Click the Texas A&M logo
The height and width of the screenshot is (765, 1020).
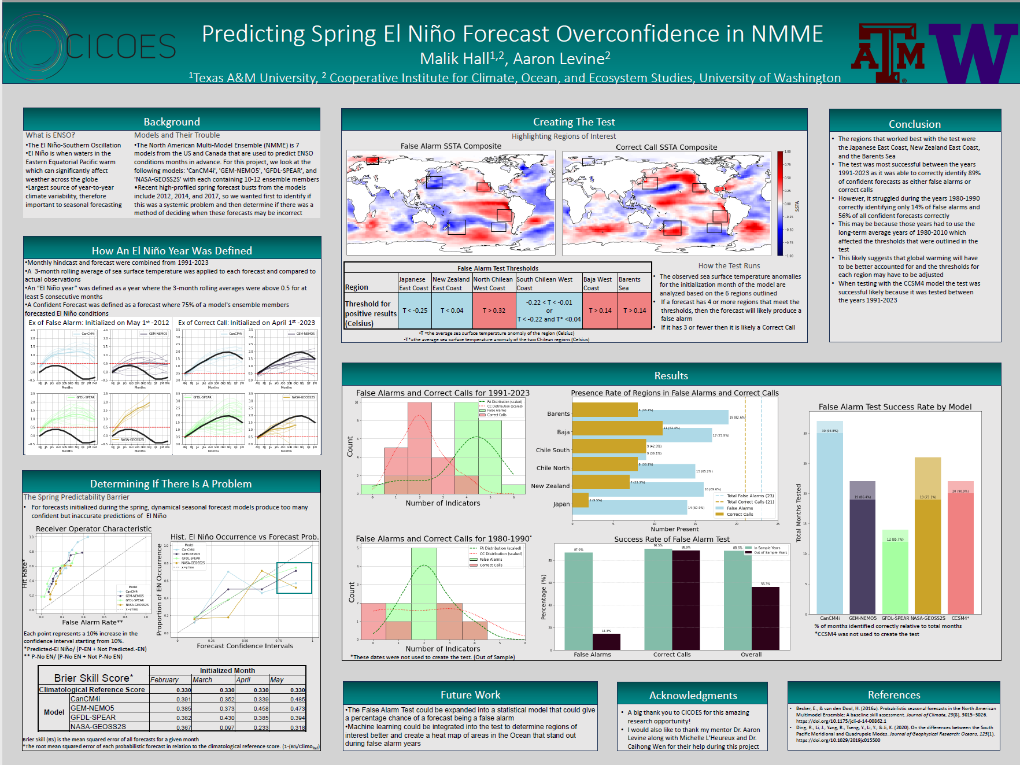pos(887,53)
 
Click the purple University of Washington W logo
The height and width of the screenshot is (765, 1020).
pos(973,53)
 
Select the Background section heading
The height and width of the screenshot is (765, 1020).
pos(172,122)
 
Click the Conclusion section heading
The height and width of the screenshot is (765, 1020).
pos(914,124)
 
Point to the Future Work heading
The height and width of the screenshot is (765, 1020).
pos(470,695)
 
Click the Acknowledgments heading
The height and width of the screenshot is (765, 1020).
pos(693,696)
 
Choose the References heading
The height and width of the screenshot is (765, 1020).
pos(893,695)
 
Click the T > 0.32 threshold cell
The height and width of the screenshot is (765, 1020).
pos(494,311)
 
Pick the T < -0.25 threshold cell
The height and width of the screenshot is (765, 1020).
pos(415,311)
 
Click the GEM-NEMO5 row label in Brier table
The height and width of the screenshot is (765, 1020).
pos(92,708)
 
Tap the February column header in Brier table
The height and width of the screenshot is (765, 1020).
pos(164,680)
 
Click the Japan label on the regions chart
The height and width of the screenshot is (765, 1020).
pos(561,504)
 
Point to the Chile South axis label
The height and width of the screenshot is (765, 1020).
pos(552,450)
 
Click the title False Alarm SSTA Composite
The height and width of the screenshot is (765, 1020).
pos(450,146)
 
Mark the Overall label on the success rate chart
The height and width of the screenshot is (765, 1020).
pos(751,655)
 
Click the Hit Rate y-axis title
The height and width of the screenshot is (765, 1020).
pos(25,574)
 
